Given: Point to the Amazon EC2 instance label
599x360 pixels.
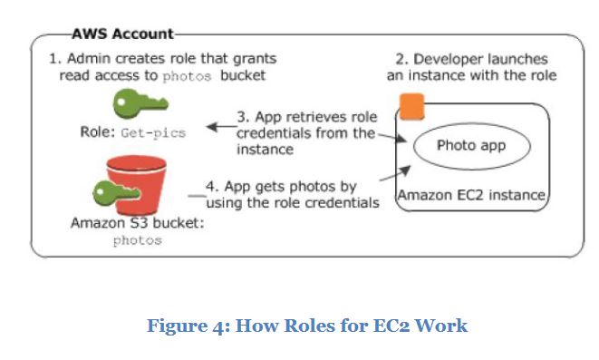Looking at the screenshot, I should (472, 195).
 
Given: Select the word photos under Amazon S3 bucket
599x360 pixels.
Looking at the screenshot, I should (137, 241).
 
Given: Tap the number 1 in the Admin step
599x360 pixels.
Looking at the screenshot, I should (52, 58).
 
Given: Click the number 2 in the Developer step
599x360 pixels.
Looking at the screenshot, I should (403, 58).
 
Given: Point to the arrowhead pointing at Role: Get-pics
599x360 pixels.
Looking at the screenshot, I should (211, 128).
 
